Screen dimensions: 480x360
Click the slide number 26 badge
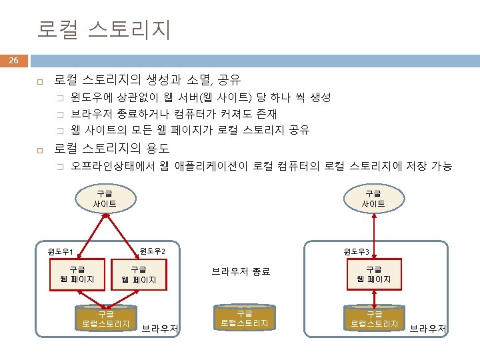point(14,61)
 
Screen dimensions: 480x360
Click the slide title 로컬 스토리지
point(104,29)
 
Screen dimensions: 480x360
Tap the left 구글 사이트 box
point(105,198)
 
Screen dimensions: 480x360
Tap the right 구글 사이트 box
point(373,198)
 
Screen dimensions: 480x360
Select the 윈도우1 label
point(60,252)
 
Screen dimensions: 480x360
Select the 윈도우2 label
point(152,251)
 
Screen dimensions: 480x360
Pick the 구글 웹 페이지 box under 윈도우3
point(373,274)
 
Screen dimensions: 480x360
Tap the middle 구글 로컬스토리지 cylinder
point(245,318)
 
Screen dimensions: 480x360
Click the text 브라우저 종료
point(241,271)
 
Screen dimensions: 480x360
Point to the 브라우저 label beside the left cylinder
point(160,328)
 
